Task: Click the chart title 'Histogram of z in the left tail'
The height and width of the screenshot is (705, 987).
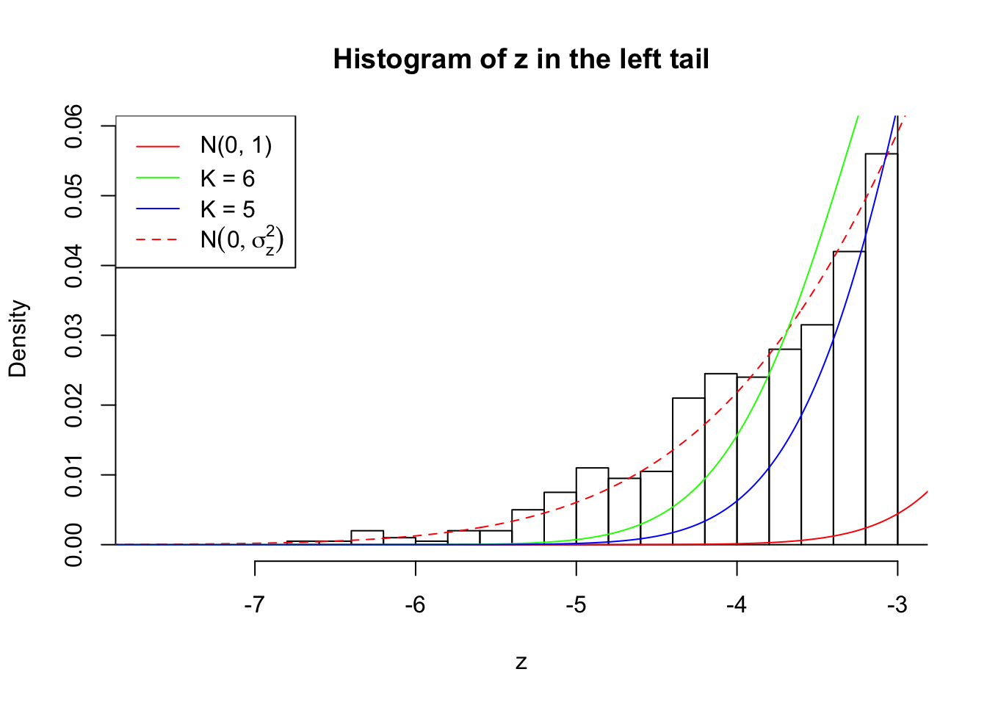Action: click(x=521, y=59)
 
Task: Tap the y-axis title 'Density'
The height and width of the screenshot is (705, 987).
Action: click(x=18, y=339)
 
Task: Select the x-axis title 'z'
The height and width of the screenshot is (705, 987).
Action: click(x=521, y=662)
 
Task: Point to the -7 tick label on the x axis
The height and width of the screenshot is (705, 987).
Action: click(x=255, y=605)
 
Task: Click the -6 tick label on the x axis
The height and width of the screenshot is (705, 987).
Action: click(x=416, y=605)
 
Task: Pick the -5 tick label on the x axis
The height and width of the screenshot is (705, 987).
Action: click(x=576, y=605)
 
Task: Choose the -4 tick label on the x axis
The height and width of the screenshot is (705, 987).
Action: click(x=737, y=605)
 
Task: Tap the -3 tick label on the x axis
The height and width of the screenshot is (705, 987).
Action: click(x=897, y=605)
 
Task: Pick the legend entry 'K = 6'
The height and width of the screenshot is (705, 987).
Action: click(x=228, y=178)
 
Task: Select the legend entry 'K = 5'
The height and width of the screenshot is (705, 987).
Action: click(x=228, y=209)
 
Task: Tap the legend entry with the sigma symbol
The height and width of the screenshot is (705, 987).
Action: click(x=242, y=240)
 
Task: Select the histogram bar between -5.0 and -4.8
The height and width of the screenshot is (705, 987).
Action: click(x=592, y=507)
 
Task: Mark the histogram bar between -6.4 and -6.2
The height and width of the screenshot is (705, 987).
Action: click(x=367, y=538)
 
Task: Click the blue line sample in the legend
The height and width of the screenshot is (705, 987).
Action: click(x=158, y=209)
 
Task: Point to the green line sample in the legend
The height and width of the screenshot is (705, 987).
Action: click(x=158, y=178)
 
